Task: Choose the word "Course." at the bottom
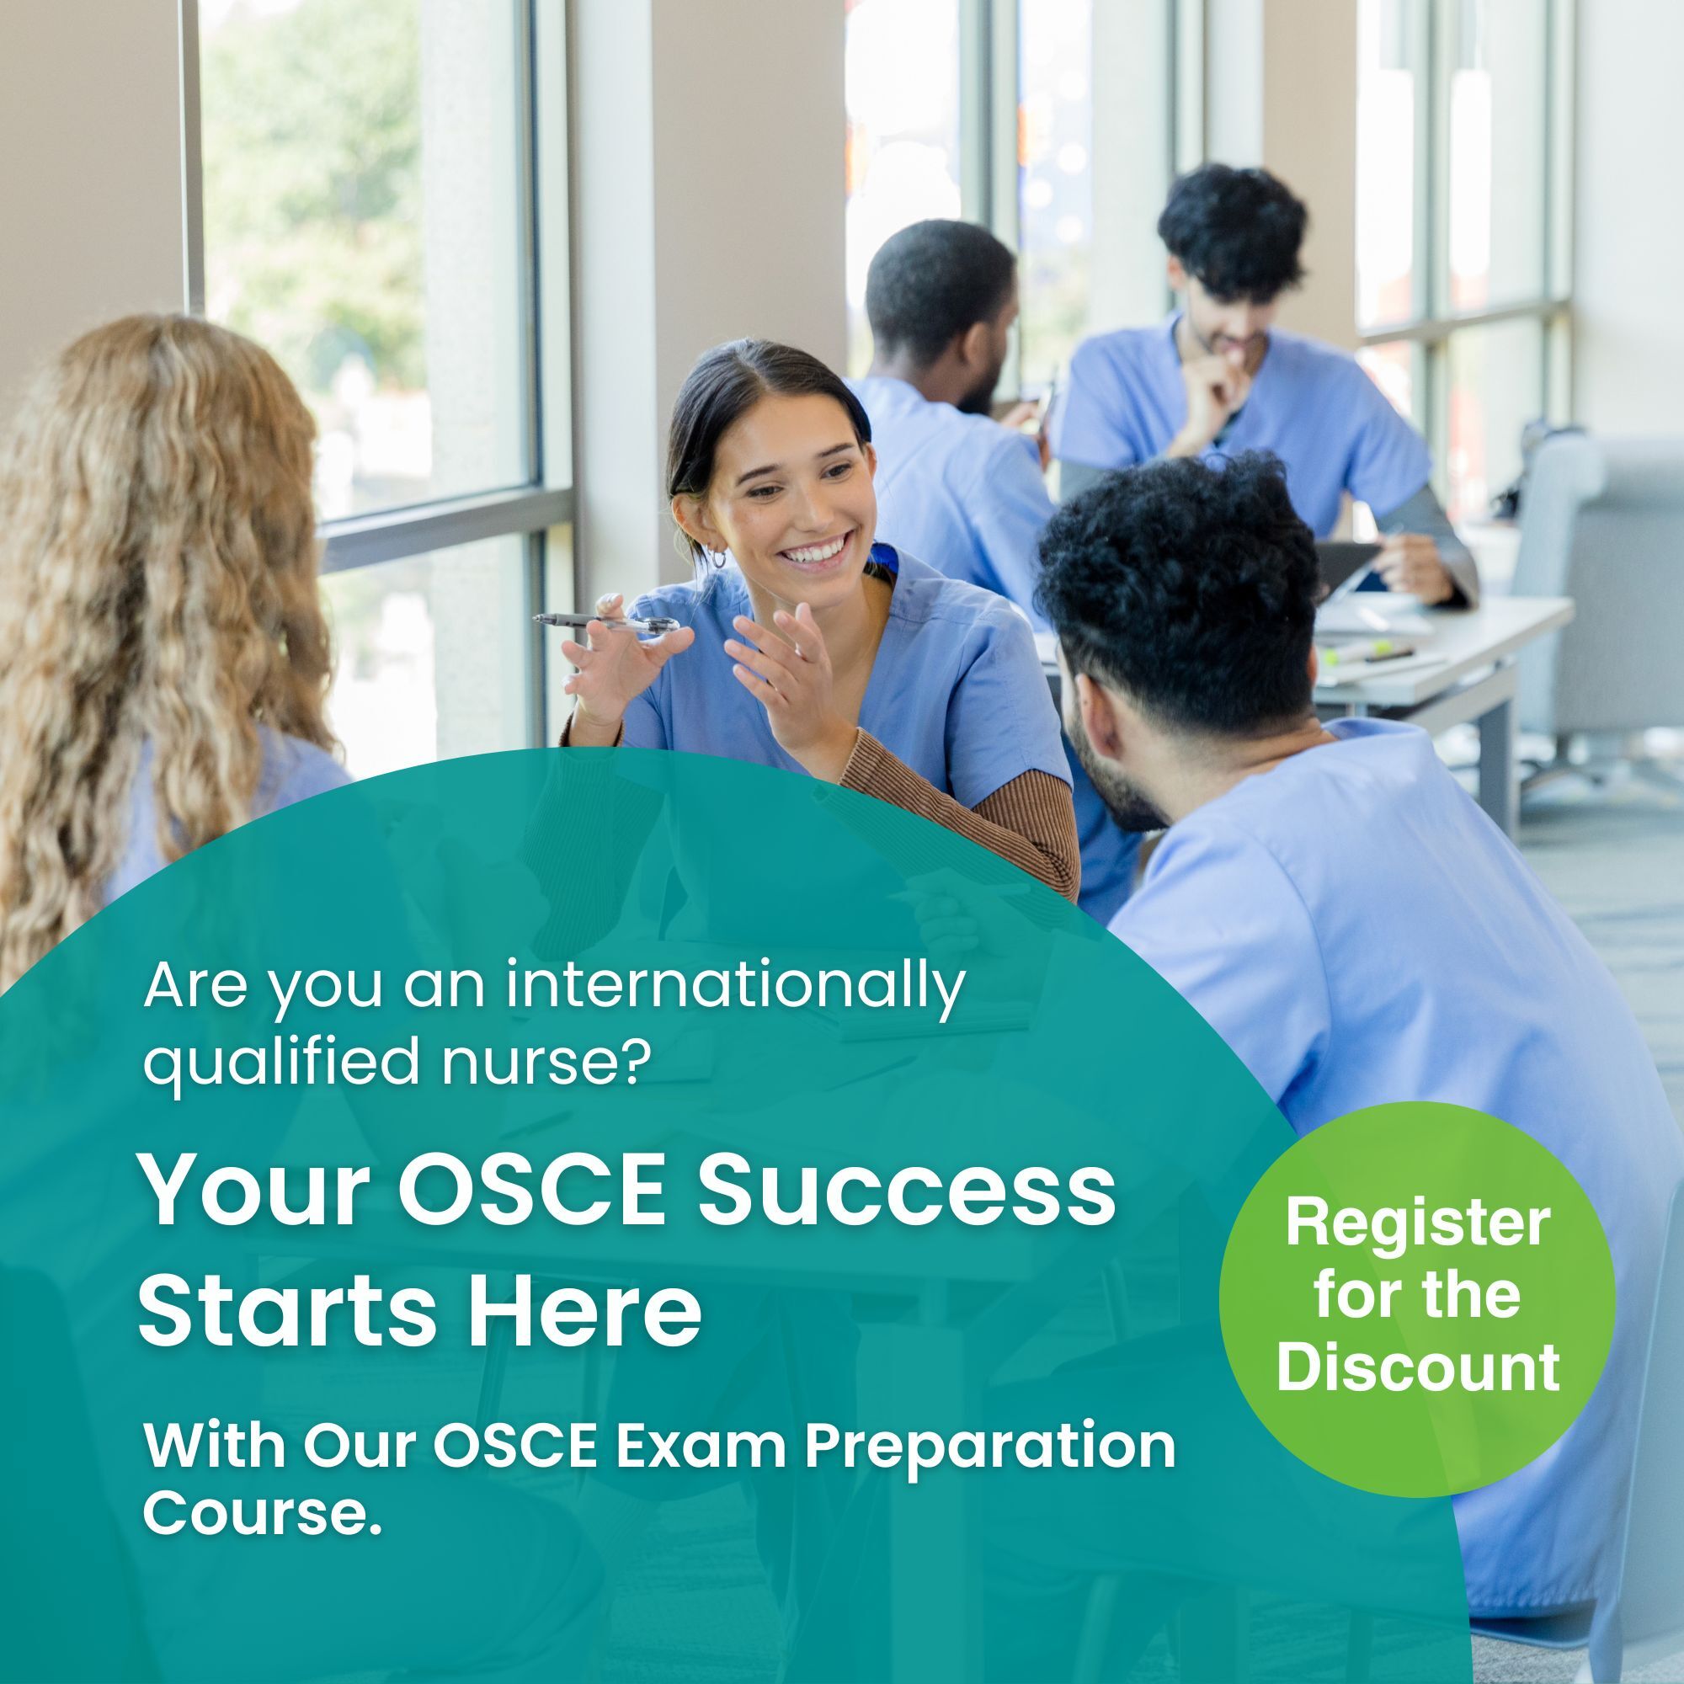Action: pyautogui.click(x=262, y=1514)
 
